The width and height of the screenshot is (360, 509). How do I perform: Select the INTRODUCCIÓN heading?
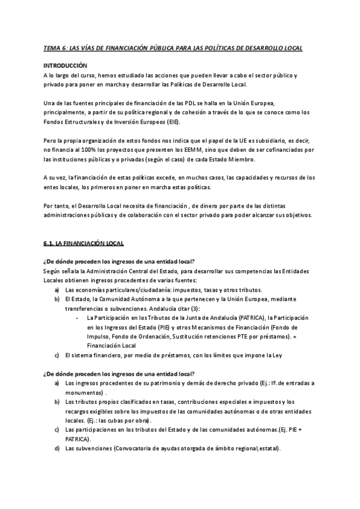tap(65, 65)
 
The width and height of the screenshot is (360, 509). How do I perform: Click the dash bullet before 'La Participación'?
tap(76, 318)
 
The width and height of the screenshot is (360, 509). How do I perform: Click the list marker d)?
tap(57, 449)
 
